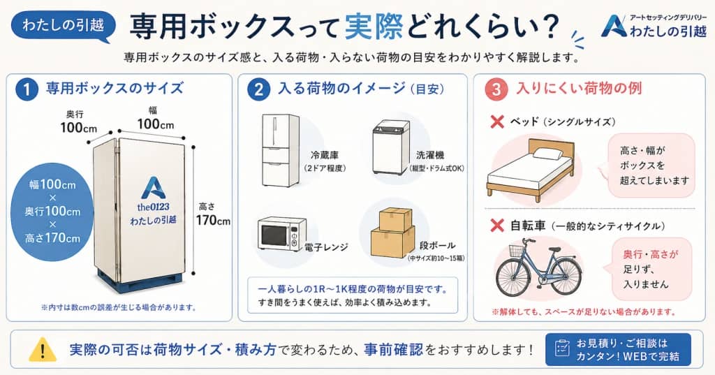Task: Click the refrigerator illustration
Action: pos(280,150)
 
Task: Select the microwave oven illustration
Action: pos(282,233)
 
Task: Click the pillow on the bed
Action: pos(548,154)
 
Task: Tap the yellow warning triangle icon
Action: pos(43,348)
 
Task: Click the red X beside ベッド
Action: pos(497,122)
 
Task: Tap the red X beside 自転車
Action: pos(497,226)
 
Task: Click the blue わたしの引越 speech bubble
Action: pos(63,27)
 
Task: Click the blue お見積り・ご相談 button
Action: pos(617,349)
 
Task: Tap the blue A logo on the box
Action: pos(152,187)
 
